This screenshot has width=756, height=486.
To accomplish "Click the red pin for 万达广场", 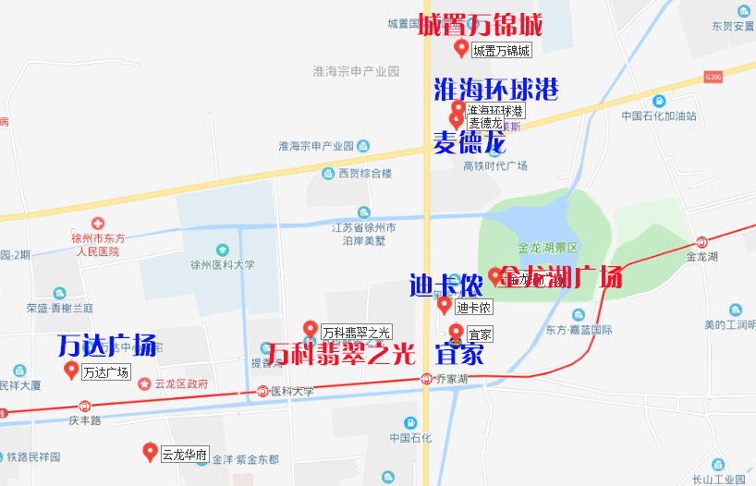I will [71, 371].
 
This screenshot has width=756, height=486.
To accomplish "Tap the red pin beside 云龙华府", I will [150, 452].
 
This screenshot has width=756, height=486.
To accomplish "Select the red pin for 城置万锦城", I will [461, 48].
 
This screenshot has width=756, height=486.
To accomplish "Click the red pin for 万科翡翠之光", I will [311, 328].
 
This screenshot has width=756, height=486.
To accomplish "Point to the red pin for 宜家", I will [456, 332].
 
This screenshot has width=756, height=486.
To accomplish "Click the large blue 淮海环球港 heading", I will [496, 90].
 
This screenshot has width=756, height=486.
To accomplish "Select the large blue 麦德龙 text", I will [469, 142].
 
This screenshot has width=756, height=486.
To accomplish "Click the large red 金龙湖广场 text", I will [561, 276].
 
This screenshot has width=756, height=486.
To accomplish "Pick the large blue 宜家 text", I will [459, 354].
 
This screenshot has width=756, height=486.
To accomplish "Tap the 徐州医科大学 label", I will [222, 265].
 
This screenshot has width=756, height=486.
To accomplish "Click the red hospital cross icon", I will [98, 224].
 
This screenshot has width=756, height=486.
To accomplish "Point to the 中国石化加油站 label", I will [659, 116].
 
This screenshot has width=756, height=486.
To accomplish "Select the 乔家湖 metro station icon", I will [425, 378].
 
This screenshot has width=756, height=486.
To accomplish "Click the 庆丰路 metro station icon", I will [85, 405].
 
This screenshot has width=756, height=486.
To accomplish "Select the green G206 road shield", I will [712, 77].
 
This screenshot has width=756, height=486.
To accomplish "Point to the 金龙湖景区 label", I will [547, 248].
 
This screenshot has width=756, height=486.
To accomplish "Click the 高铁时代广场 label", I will [494, 165].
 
